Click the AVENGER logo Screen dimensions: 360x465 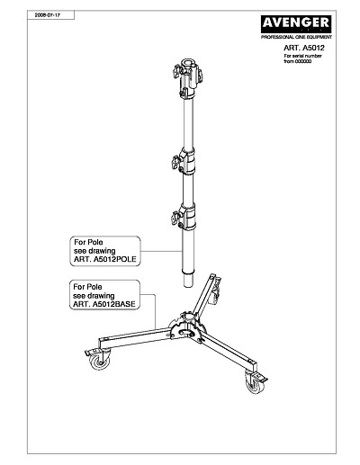296,24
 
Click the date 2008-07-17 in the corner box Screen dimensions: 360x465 48,15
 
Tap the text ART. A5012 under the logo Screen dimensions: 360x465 304,48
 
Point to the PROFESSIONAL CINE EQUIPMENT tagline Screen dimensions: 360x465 296,37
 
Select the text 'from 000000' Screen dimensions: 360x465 297,61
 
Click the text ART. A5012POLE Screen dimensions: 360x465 105,259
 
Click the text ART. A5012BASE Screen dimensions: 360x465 104,304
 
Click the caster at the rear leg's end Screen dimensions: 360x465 216,291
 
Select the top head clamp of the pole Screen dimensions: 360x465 187,78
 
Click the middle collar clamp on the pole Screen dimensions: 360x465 184,161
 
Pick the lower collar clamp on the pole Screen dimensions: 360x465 184,217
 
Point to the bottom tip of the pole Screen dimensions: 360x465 188,286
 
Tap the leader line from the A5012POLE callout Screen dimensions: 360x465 162,251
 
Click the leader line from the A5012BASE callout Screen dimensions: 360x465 155,309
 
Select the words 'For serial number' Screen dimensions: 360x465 302,56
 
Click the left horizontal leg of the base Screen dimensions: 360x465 135,338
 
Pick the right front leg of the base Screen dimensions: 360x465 229,350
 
